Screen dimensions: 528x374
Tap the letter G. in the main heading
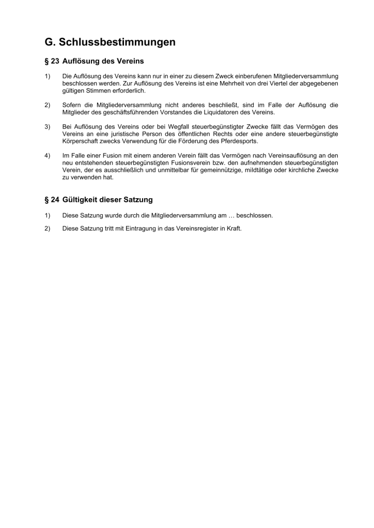coord(50,42)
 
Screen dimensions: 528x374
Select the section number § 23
coord(52,61)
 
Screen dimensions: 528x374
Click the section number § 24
coord(52,199)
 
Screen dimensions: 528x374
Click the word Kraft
coord(234,228)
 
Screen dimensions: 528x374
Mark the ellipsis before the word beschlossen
coord(231,215)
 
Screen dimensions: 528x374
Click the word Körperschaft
coord(80,141)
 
